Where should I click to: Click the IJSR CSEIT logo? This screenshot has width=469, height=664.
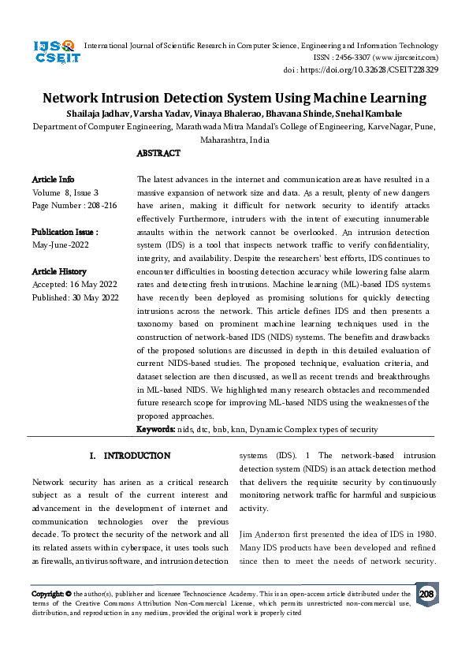click(54, 52)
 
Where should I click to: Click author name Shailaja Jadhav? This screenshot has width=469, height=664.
click(96, 114)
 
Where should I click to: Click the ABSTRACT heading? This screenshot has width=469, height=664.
click(158, 153)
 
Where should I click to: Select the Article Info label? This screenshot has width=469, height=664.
click(54, 180)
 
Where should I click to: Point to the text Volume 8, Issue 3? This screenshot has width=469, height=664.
click(65, 192)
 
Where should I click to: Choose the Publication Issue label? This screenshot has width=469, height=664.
click(65, 232)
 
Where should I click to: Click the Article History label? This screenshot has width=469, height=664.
click(59, 271)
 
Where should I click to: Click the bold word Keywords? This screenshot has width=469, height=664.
click(155, 429)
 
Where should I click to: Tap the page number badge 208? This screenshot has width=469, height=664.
click(426, 594)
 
